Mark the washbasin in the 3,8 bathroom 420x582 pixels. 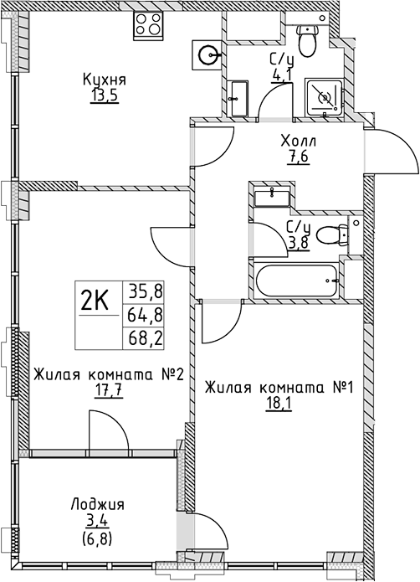coord(271,198)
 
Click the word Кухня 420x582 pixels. coord(104,80)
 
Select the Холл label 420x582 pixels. coord(297,142)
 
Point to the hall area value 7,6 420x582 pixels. coord(297,157)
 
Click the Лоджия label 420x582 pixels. coord(97,504)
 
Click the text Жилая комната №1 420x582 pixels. coord(281,388)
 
